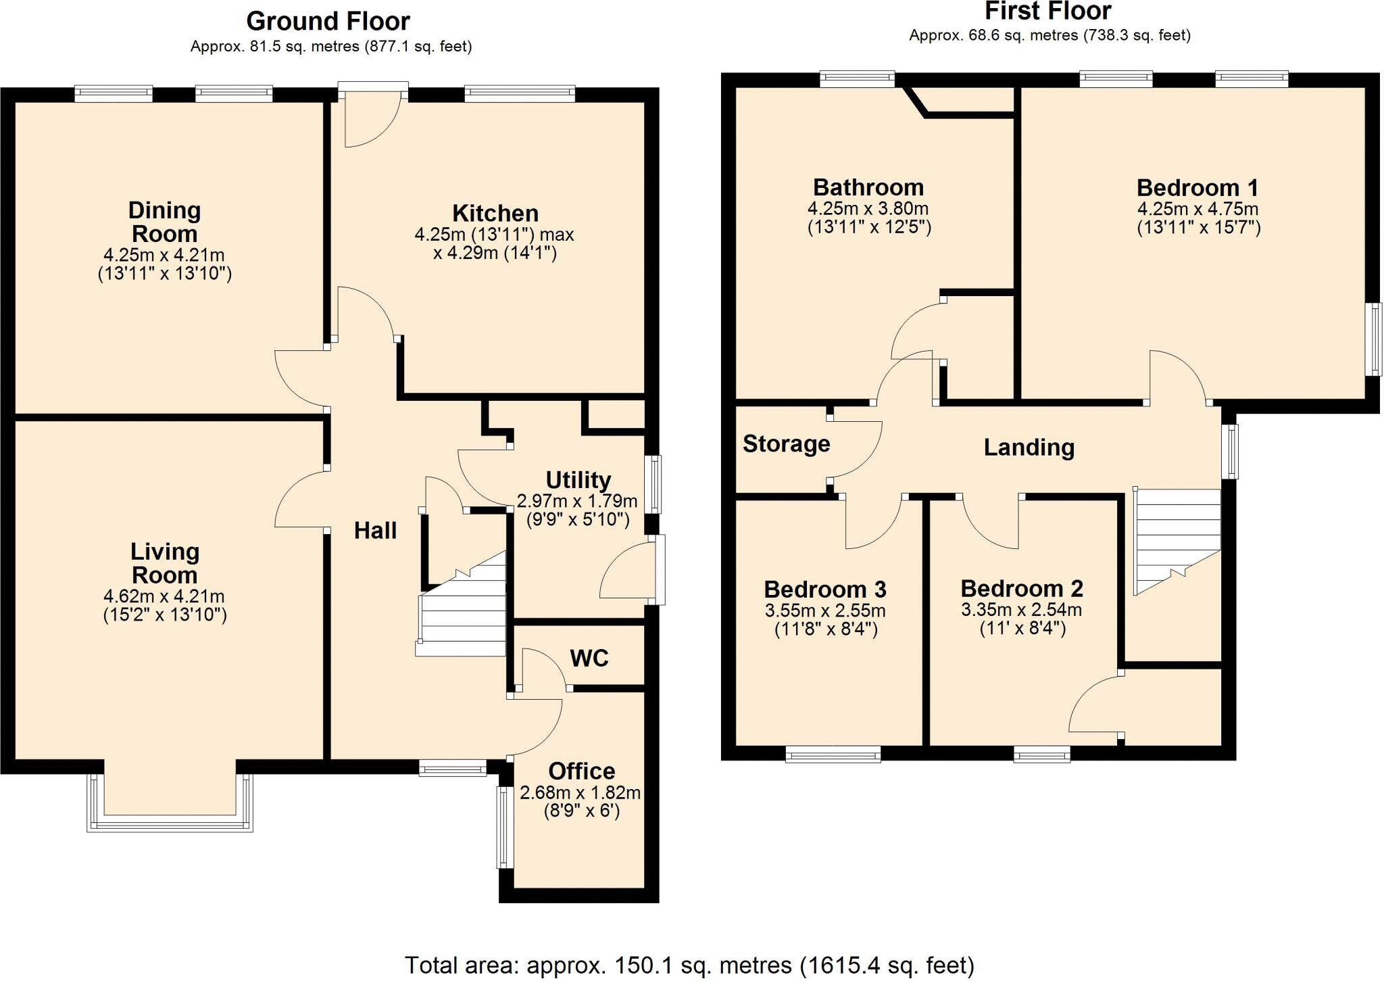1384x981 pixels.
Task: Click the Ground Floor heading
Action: click(x=328, y=22)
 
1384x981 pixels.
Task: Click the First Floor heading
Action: click(x=1047, y=11)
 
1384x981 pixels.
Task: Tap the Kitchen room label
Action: click(x=495, y=214)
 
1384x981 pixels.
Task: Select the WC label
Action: click(x=589, y=658)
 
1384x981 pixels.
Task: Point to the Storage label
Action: click(x=786, y=444)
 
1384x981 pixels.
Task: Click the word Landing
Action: click(x=1029, y=448)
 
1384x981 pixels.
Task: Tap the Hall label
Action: click(x=375, y=531)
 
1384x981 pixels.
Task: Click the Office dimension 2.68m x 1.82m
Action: click(x=580, y=792)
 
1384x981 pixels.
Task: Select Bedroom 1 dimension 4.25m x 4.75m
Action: click(x=1197, y=209)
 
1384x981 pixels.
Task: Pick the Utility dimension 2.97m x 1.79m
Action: click(x=577, y=501)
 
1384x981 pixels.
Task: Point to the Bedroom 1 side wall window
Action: click(x=1374, y=339)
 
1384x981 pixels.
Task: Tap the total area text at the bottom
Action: click(x=689, y=965)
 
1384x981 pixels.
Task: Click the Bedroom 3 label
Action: click(x=824, y=590)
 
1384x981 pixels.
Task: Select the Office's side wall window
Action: click(x=504, y=826)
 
